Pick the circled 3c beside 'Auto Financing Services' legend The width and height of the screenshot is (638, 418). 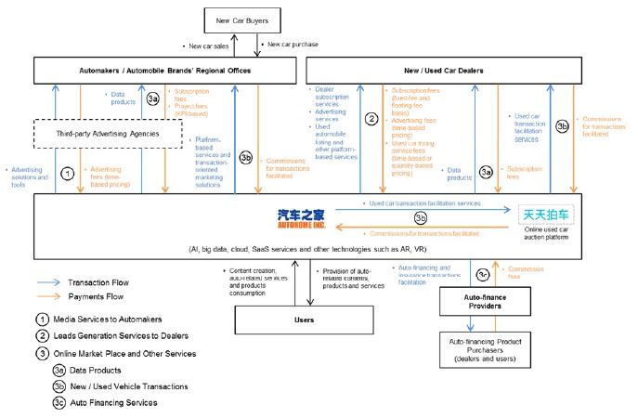click(x=59, y=403)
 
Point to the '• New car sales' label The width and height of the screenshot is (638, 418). click(x=207, y=45)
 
